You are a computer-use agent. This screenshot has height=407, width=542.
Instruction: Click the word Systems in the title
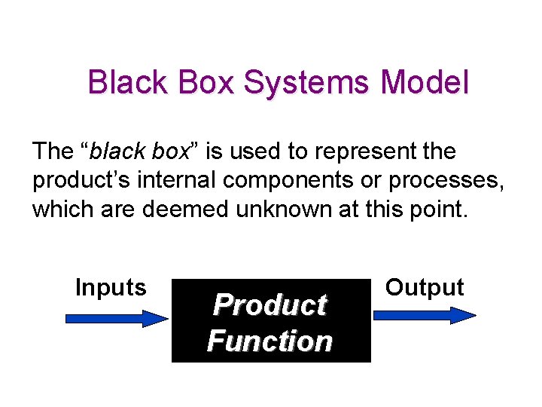(x=312, y=82)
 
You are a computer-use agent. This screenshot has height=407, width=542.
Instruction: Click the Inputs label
(x=111, y=287)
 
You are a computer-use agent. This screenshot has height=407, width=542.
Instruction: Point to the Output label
(x=425, y=287)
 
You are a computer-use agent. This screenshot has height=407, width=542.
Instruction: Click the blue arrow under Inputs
(x=117, y=319)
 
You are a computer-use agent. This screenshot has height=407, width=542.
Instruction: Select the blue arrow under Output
(x=425, y=316)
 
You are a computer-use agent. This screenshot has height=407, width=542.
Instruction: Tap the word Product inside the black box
(x=269, y=305)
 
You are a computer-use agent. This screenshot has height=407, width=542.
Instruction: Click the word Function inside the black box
(x=269, y=341)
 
